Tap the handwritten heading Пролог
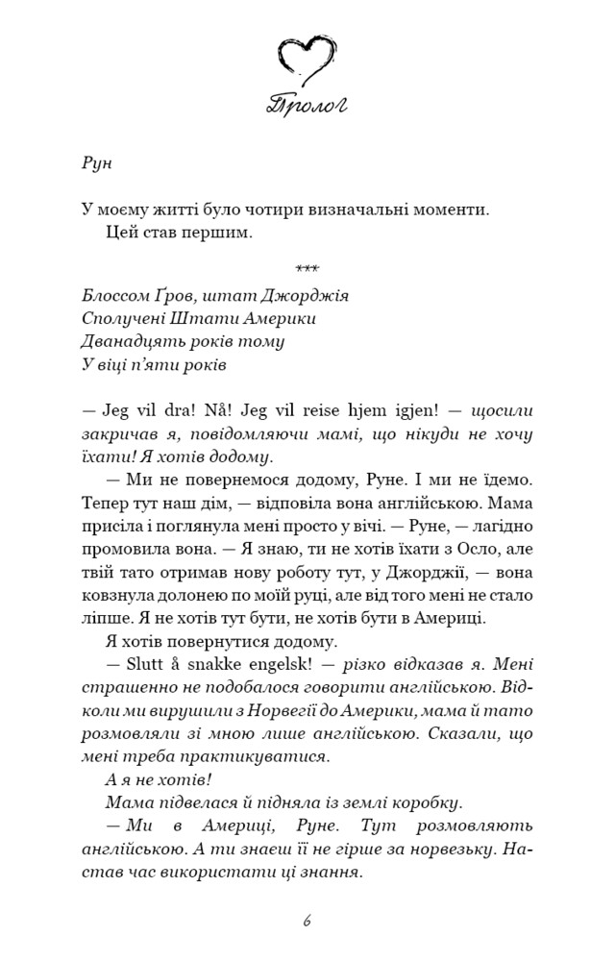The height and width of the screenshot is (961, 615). (x=307, y=105)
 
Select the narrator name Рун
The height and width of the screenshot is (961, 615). (x=97, y=161)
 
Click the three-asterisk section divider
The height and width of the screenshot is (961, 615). (x=307, y=267)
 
